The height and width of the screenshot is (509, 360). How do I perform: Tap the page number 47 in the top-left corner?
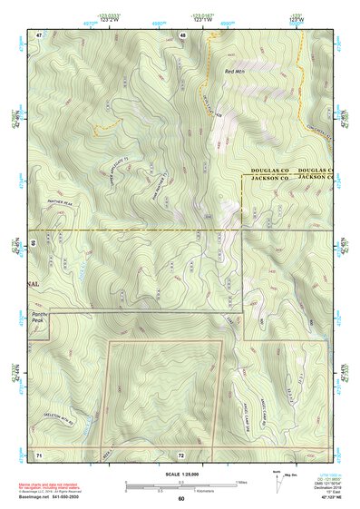40,34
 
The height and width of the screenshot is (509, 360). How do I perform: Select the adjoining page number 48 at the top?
183,34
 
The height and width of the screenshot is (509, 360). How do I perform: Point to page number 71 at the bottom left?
39,453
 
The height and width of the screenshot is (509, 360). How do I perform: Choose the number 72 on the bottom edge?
182,453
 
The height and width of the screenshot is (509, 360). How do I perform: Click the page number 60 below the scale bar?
180,498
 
